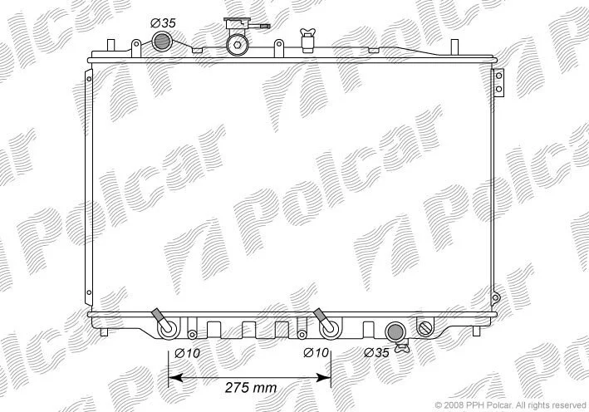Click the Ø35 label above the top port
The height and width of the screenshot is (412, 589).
pyautogui.click(x=163, y=23)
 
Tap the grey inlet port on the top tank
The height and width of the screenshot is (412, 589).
pyautogui.click(x=162, y=42)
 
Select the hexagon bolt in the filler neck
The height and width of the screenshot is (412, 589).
pyautogui.click(x=237, y=45)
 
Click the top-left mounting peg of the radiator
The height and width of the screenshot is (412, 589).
pyautogui.click(x=110, y=45)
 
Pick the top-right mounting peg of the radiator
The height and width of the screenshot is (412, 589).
pyautogui.click(x=454, y=46)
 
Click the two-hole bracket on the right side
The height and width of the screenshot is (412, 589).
pyautogui.click(x=498, y=82)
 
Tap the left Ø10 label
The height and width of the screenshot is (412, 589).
pyautogui.click(x=188, y=353)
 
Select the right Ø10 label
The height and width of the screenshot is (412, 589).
pyautogui.click(x=317, y=353)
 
